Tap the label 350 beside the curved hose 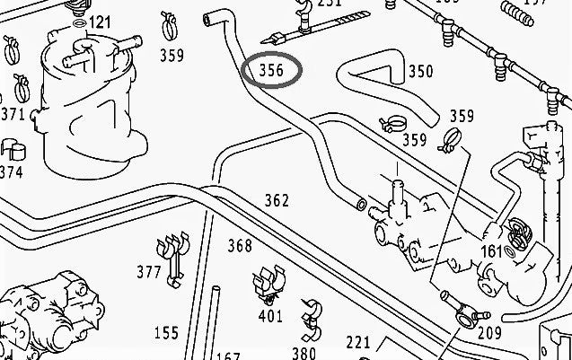tap(419, 72)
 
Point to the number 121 tap(100, 22)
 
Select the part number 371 tap(13, 114)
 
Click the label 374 tap(12, 171)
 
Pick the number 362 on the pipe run tap(277, 200)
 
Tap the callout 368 tap(240, 245)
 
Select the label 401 tap(269, 315)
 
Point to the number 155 tap(166, 333)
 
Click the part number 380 tap(304, 353)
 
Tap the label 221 tap(358, 341)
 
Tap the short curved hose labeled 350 tap(377, 75)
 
